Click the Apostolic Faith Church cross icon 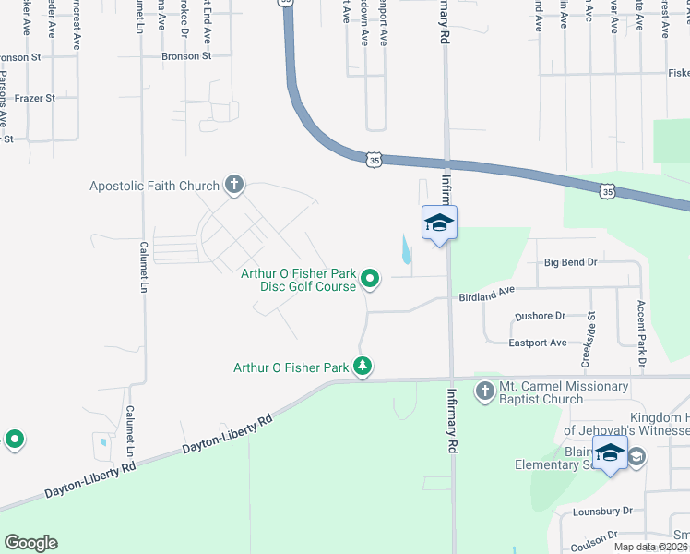click(234, 186)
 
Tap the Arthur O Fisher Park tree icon click(363, 367)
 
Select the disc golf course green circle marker click(371, 278)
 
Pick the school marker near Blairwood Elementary click(610, 454)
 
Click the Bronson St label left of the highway click(186, 56)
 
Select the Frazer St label click(35, 97)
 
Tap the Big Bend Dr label click(571, 262)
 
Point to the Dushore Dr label click(541, 316)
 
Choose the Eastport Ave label click(537, 343)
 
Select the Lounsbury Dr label click(601, 510)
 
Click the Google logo click(31, 543)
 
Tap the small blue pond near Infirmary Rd click(408, 247)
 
